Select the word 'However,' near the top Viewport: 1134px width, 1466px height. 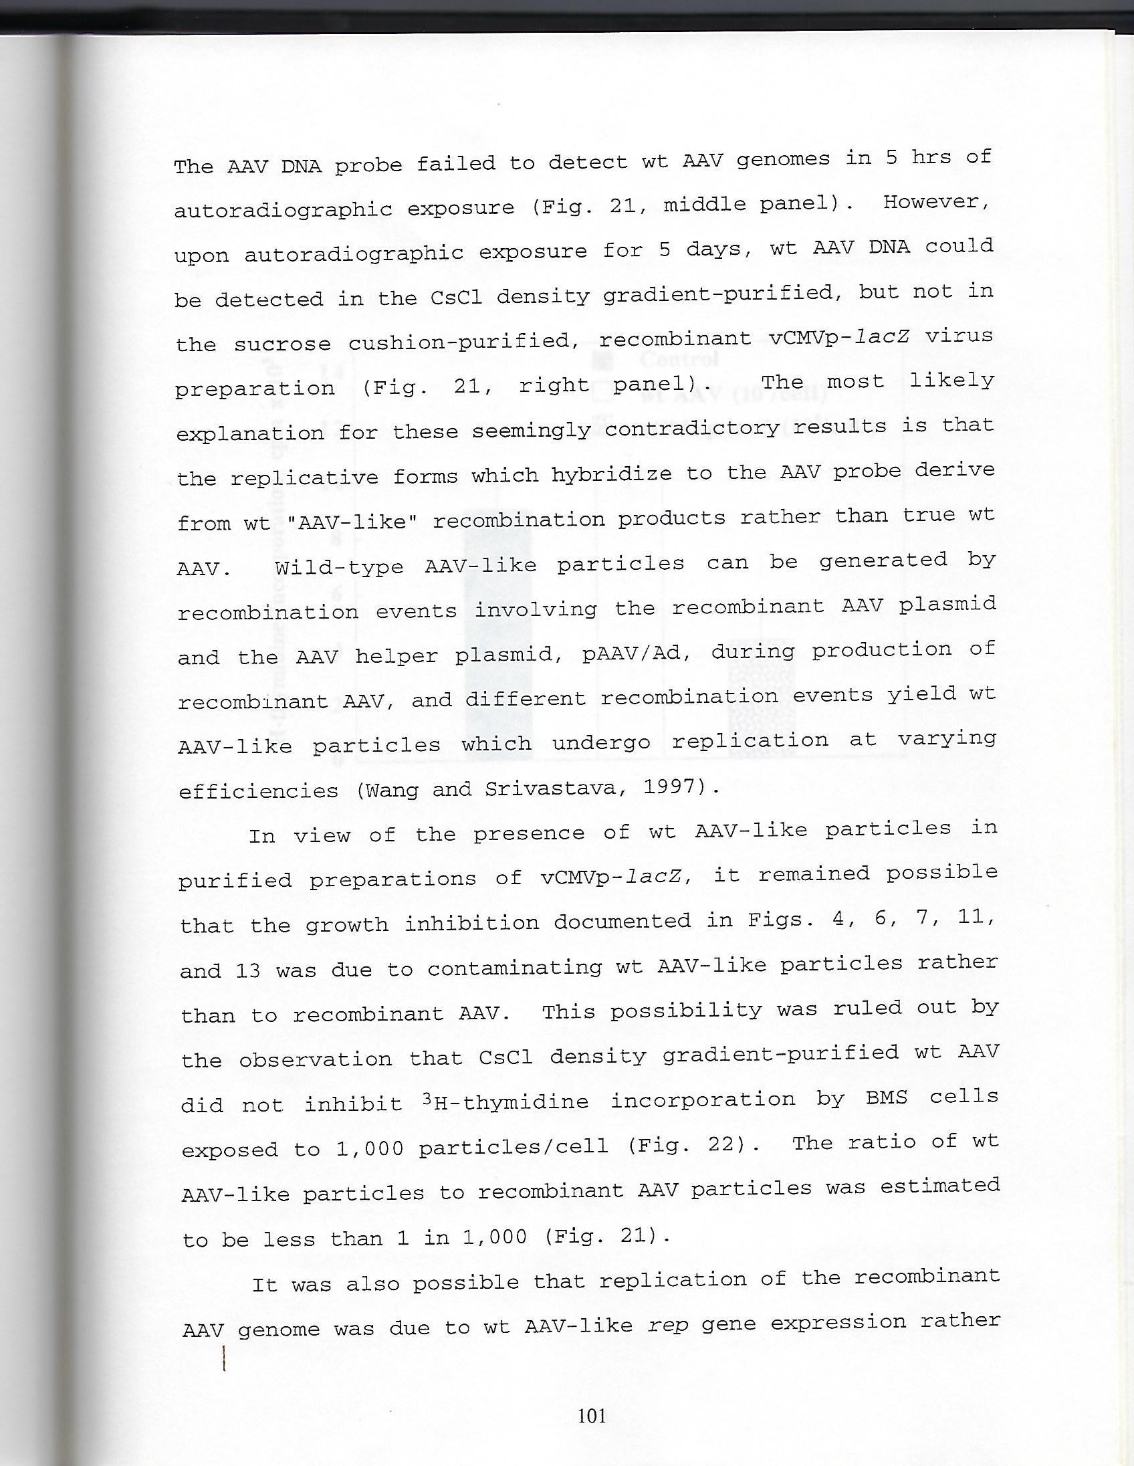coord(936,202)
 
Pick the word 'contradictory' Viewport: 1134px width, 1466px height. coord(691,427)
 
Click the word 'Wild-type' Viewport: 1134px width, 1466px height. coord(339,566)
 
